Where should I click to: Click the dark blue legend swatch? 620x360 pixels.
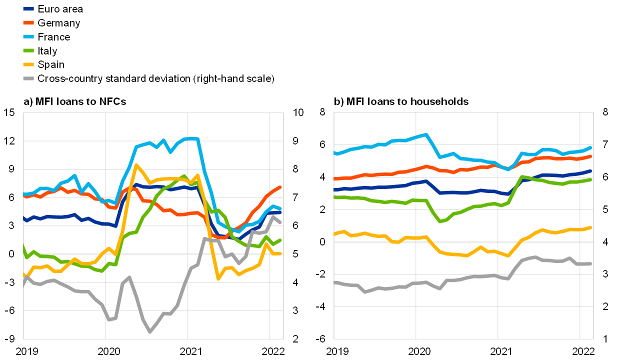[x=28, y=8]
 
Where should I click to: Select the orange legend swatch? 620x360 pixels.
[x=28, y=22]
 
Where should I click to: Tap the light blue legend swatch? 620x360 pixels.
[x=28, y=36]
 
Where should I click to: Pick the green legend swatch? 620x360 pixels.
[x=28, y=50]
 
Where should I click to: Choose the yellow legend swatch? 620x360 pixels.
[x=28, y=64]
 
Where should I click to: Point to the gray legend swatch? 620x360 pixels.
[x=28, y=78]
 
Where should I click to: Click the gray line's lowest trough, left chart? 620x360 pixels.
[x=149, y=331]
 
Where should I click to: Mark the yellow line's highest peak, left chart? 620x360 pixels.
[x=136, y=165]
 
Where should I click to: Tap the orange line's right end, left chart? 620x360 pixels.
[x=280, y=187]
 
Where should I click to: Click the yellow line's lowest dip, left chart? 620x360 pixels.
[x=218, y=278]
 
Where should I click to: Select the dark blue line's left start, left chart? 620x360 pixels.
[x=24, y=218]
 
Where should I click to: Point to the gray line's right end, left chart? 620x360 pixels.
[x=280, y=222]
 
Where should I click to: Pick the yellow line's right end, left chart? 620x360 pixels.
[x=280, y=253]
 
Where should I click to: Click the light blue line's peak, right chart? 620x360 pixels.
[x=425, y=134]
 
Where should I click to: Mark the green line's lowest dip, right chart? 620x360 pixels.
[x=440, y=221]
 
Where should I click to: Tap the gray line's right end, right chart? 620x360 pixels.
[x=590, y=263]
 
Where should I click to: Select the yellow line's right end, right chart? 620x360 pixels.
[x=590, y=227]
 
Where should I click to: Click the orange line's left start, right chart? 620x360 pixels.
[x=335, y=178]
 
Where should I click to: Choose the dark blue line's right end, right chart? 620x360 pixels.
[x=590, y=171]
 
